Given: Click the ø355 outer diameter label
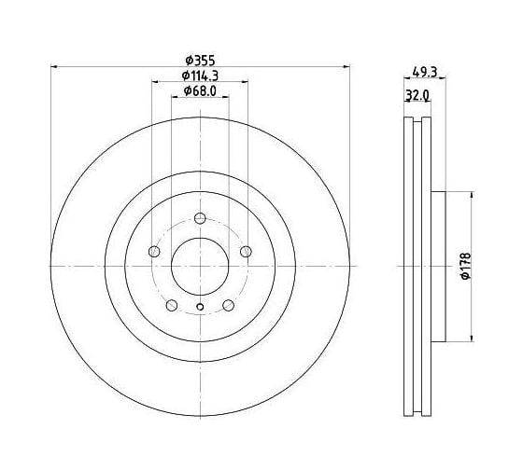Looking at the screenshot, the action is [x=201, y=61].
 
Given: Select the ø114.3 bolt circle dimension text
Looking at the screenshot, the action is [x=200, y=76].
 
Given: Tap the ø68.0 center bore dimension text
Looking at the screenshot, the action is [x=200, y=91].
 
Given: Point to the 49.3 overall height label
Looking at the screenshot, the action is [x=425, y=72].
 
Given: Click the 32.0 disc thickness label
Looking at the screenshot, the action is [x=417, y=96].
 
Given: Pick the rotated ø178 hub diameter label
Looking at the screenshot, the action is [x=466, y=266].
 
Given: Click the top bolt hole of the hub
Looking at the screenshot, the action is [x=200, y=218].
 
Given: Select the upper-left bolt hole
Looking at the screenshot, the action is [x=154, y=252].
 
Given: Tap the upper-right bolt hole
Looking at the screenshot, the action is [x=247, y=252].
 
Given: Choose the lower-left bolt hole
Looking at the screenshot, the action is [x=172, y=305].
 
